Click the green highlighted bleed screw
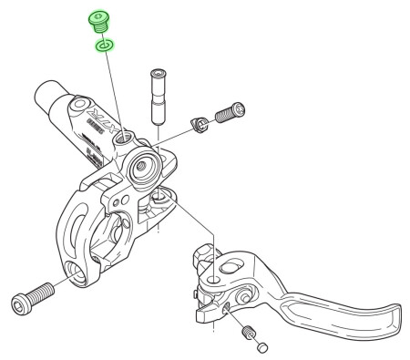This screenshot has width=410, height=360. coord(98,21)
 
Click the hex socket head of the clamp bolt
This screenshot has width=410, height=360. coord(22,302)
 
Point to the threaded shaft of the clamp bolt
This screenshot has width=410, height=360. coord(42,293)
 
